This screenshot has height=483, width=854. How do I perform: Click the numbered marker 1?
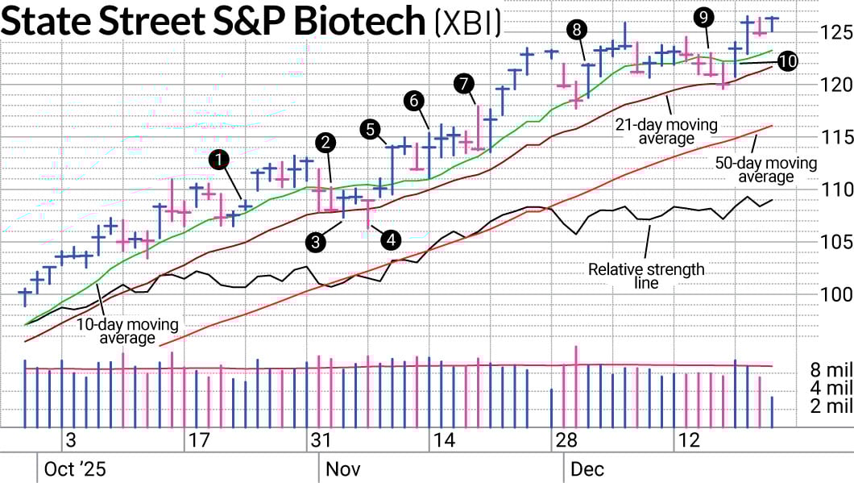(217, 160)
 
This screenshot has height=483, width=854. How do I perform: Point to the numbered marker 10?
(788, 60)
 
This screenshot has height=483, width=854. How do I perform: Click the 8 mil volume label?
(831, 371)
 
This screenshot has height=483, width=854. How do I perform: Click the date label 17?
(197, 440)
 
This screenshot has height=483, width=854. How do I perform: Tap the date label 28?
(567, 440)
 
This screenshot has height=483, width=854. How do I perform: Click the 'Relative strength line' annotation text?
(645, 276)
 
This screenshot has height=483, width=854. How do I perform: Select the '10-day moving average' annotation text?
(128, 331)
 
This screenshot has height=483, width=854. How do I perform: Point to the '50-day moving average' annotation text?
(766, 170)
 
